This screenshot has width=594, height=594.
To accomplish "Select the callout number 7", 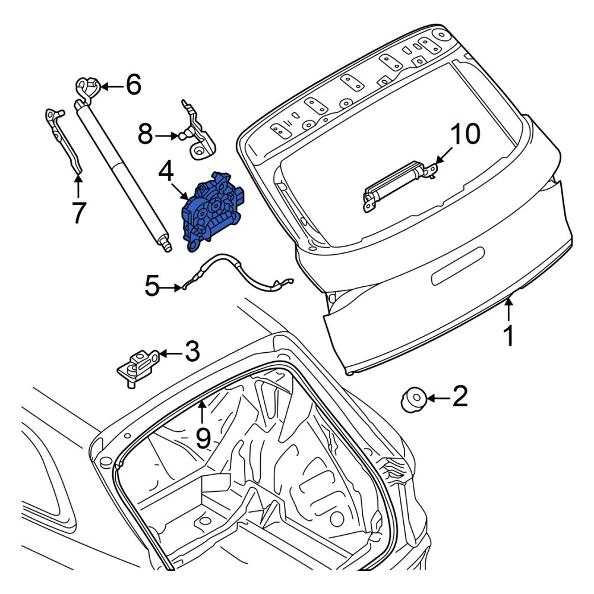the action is (x=78, y=213).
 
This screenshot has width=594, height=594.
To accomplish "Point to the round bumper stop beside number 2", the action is (x=413, y=400).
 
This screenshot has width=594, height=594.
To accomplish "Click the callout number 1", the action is (x=510, y=336).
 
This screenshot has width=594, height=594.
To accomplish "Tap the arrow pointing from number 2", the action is (x=438, y=398).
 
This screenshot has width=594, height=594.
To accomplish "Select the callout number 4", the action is (x=166, y=171).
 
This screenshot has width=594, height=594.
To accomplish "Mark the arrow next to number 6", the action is (x=112, y=87).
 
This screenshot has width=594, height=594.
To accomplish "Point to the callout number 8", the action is (x=145, y=134).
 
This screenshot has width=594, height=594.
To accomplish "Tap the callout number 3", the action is (x=192, y=351).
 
